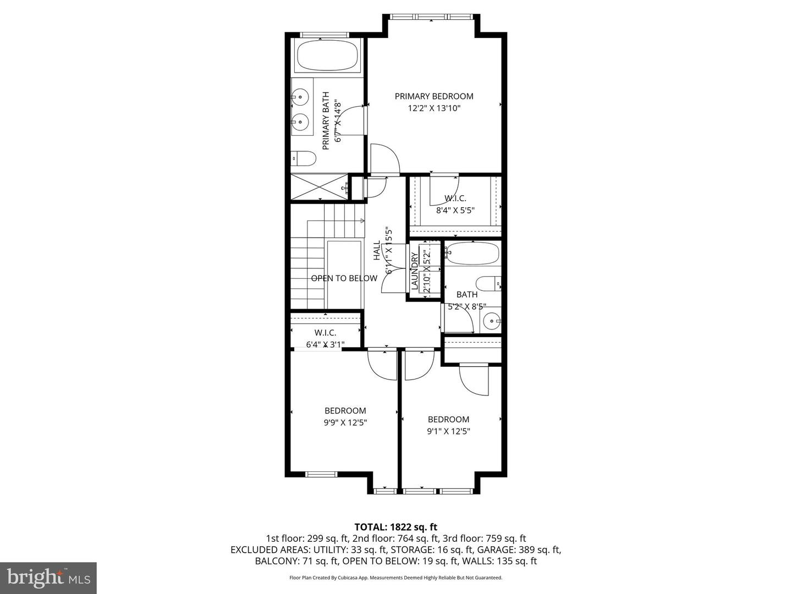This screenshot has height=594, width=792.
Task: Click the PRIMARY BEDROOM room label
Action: coord(434,96)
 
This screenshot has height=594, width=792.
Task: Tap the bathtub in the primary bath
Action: coord(327,56)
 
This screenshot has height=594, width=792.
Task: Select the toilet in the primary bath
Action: coord(304,159)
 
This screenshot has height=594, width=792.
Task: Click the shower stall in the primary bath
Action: coord(319,188)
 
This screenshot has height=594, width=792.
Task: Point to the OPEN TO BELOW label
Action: coord(344,278)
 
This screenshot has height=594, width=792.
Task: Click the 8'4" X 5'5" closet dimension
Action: coord(455,210)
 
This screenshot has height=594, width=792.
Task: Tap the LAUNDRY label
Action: coord(414,271)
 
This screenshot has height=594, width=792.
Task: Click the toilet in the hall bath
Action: coord(488,284)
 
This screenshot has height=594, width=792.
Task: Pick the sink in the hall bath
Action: coord(491,320)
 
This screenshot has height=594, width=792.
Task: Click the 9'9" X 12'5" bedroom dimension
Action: coord(345,423)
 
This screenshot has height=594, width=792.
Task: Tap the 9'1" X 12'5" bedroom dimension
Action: coord(448,432)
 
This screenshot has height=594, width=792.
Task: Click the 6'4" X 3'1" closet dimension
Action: coord(325,345)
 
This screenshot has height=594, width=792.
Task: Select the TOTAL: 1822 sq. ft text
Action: coord(395,527)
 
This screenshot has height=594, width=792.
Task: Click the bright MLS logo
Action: coord(48,577)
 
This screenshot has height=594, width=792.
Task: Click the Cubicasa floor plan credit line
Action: coord(395,577)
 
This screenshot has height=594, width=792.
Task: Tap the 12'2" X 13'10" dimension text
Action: coord(434,108)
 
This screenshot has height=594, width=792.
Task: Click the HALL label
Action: coord(377,250)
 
